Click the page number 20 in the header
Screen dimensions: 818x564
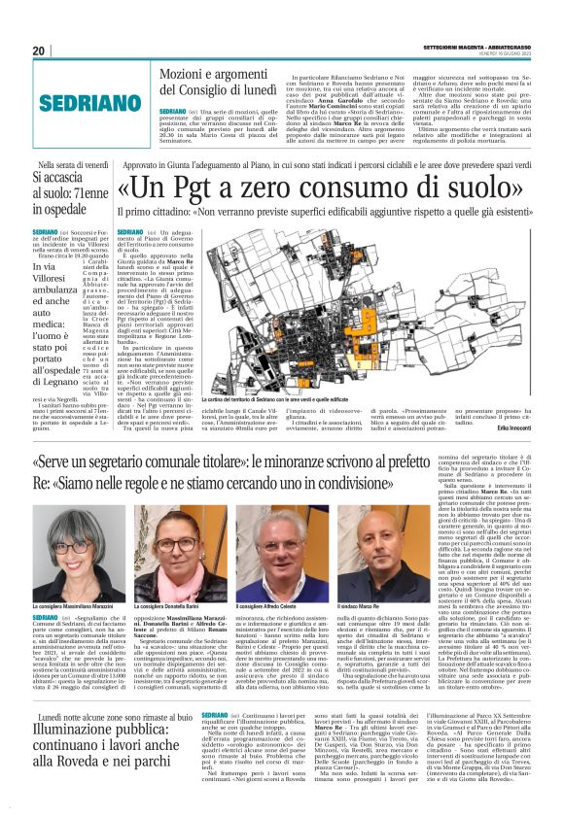click(x=39, y=51)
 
